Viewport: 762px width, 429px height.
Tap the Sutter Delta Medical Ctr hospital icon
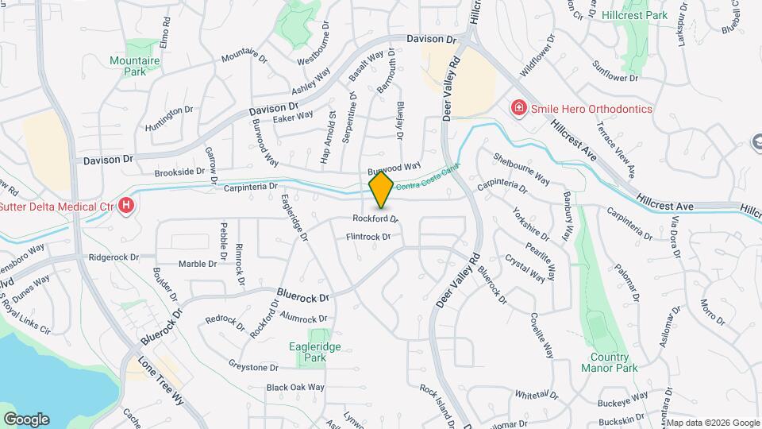tap(126, 207)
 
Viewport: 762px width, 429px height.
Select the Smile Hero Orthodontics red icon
tap(518, 108)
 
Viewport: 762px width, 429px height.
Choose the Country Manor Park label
tap(609, 362)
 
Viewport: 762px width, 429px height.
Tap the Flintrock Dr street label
tap(368, 237)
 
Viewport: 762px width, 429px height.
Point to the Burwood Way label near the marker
tap(394, 168)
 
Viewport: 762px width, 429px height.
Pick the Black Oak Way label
tap(295, 388)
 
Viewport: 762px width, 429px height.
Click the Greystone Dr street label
tap(253, 368)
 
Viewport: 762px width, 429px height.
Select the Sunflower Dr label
tap(616, 71)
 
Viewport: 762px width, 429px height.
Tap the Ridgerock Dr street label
tap(114, 257)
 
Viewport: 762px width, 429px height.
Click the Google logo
tap(25, 419)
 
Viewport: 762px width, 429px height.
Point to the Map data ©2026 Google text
tap(713, 423)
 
